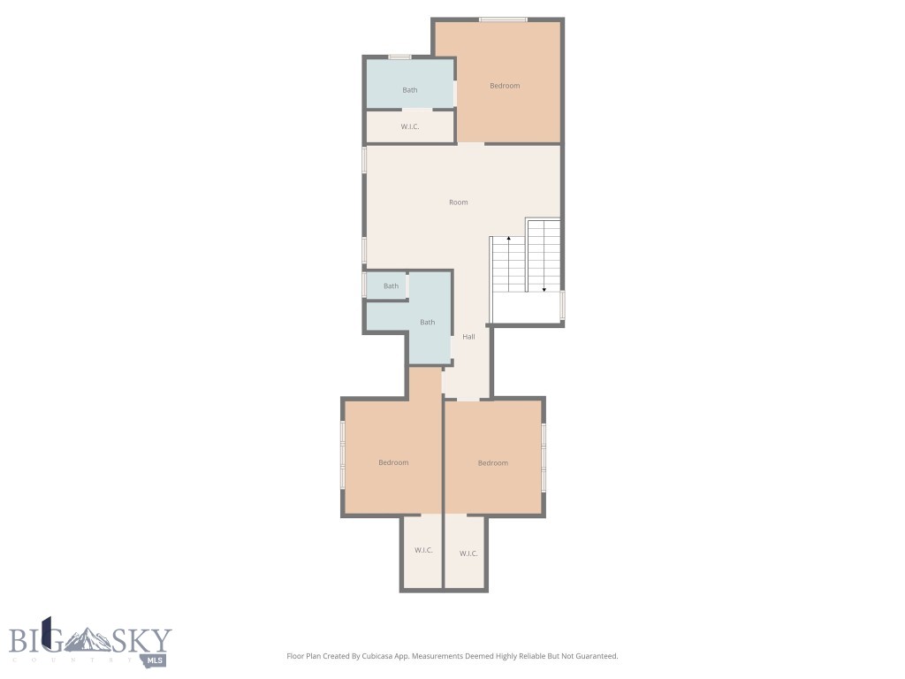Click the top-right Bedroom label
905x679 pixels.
pos(505,86)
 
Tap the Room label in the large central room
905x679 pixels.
pos(458,202)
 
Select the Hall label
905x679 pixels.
pos(468,337)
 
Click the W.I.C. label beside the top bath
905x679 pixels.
pos(409,127)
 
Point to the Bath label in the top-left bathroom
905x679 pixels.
pos(410,90)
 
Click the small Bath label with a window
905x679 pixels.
pos(391,286)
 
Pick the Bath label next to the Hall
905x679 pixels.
pos(427,322)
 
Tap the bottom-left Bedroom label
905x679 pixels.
pos(393,462)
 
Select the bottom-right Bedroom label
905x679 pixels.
pos(493,463)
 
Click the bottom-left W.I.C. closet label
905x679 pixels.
pos(423,551)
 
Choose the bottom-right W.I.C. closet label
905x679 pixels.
pos(468,554)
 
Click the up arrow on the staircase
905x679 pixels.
pos(508,240)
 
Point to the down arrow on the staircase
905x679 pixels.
pos(544,288)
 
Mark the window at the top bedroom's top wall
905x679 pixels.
pos(503,19)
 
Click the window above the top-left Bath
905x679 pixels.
pos(399,57)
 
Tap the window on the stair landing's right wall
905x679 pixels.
pos(562,305)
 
